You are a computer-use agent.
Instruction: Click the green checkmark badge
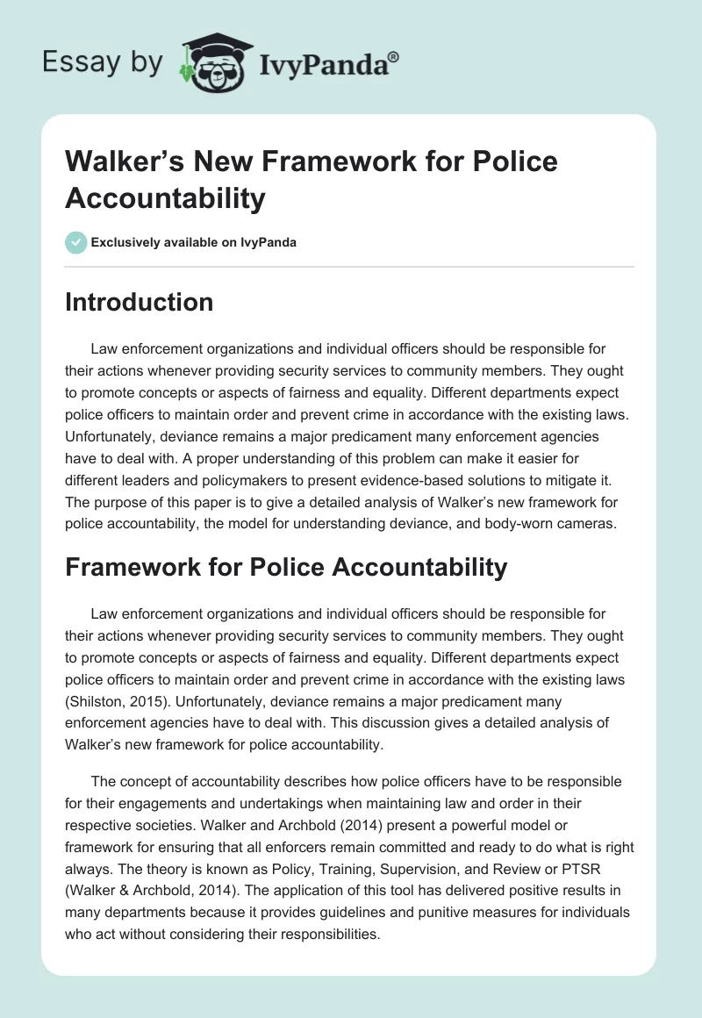click(x=76, y=242)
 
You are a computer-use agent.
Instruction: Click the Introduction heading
click(x=139, y=302)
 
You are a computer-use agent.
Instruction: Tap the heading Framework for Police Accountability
click(x=286, y=567)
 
